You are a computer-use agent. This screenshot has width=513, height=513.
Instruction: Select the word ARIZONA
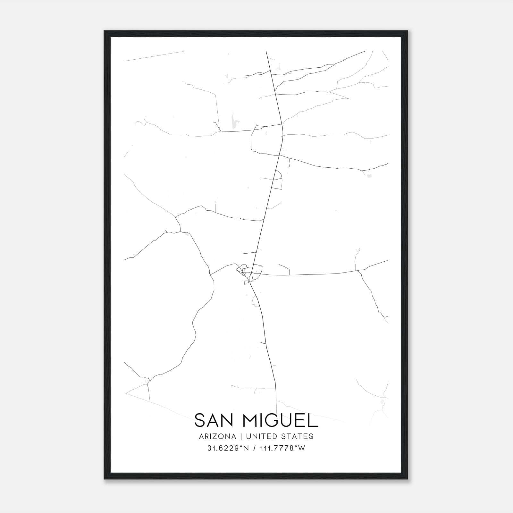(217, 436)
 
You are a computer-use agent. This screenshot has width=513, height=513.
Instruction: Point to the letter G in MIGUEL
(271, 420)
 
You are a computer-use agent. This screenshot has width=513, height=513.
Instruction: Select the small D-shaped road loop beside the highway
(278, 180)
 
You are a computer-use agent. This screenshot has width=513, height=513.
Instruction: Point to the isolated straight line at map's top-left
(154, 56)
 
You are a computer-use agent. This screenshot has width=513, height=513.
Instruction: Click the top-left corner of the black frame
(105, 31)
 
